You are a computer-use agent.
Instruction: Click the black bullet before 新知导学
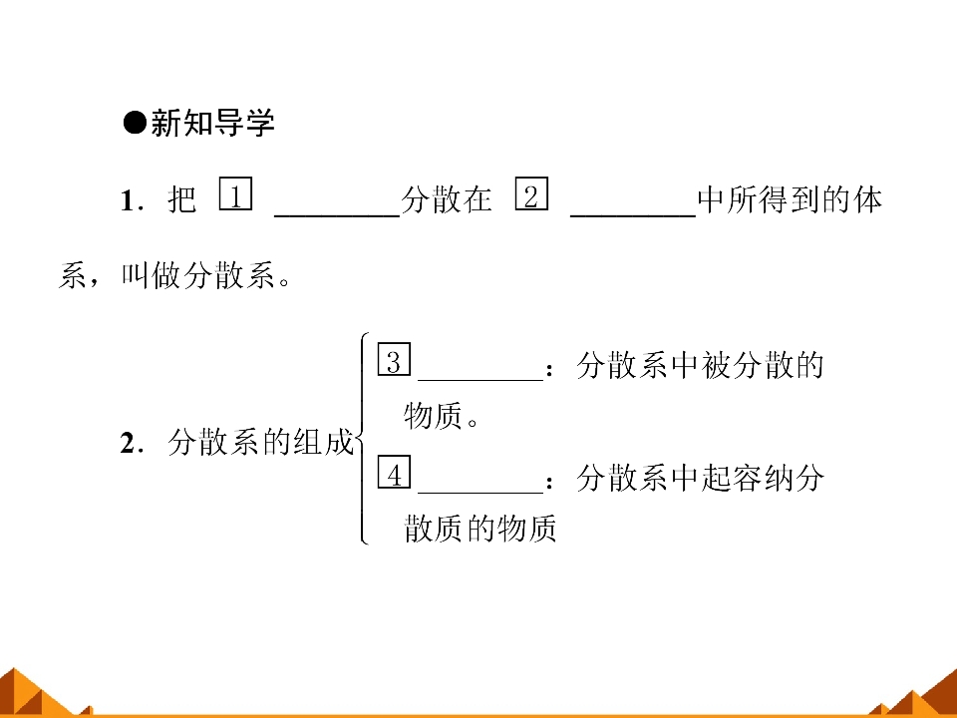click(135, 123)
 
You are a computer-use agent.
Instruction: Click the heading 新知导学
click(212, 123)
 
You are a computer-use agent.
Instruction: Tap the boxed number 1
click(235, 193)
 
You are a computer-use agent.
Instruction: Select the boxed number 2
click(531, 193)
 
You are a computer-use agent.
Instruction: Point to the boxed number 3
click(395, 359)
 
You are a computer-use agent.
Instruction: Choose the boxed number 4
click(395, 472)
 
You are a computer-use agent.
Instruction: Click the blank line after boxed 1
click(338, 215)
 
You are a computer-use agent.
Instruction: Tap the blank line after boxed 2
click(634, 215)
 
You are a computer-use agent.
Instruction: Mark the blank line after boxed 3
click(480, 380)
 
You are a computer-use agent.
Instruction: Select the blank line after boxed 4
click(480, 492)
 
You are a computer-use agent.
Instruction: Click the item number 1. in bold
click(133, 200)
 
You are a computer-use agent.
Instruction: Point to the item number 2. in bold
click(133, 443)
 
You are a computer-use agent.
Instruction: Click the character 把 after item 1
click(181, 199)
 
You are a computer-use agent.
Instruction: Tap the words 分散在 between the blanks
click(447, 199)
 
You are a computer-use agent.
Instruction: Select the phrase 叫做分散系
click(197, 275)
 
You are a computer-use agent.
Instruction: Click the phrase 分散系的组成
click(260, 442)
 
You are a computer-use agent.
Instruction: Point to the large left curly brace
click(362, 439)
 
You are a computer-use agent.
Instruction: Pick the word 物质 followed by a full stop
click(433, 415)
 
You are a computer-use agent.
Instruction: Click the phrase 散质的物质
click(480, 528)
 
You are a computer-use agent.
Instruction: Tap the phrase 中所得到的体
click(790, 199)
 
